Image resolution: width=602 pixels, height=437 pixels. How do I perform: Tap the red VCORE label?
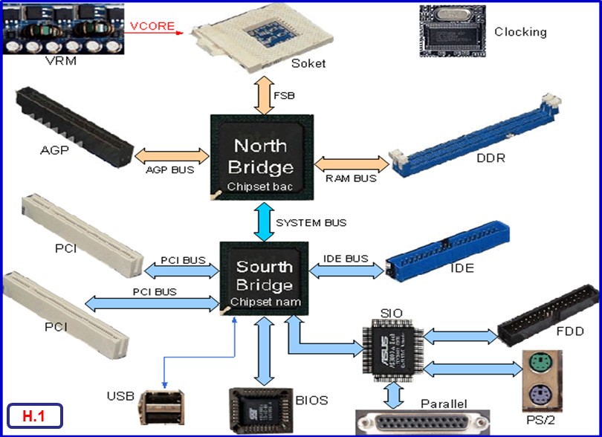tap(152, 26)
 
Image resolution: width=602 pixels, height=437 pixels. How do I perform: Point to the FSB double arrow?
tap(265, 94)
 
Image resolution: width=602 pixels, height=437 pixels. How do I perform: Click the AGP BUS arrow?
tap(171, 156)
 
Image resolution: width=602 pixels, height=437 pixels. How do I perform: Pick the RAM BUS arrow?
tap(352, 163)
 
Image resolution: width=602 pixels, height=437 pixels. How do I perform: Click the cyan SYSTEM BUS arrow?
tap(265, 221)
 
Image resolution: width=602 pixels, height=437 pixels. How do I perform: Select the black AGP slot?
tap(75, 127)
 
